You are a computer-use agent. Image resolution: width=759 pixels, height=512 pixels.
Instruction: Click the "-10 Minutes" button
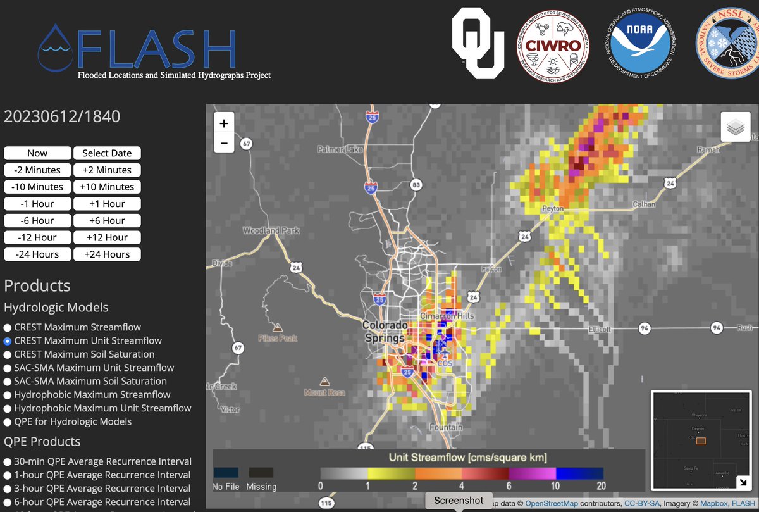(37, 187)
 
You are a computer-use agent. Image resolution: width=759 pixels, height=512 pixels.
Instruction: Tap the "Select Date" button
(107, 153)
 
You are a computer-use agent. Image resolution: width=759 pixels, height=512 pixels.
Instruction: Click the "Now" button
(37, 153)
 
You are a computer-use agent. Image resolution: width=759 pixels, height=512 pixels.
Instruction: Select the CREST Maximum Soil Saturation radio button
(8, 354)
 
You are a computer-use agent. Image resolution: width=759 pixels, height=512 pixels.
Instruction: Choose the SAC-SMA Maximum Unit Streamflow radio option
(8, 368)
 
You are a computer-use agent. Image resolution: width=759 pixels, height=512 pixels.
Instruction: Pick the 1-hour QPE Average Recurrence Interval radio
(8, 475)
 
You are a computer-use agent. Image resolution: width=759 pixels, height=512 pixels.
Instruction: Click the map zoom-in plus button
(224, 123)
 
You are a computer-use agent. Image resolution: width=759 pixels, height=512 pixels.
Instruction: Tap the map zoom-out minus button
(224, 144)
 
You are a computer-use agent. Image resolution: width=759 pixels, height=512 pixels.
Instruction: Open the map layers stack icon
(735, 127)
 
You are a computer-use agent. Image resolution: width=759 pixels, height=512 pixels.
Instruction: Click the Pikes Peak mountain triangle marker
(277, 328)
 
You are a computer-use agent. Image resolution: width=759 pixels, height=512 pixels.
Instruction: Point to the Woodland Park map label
(271, 231)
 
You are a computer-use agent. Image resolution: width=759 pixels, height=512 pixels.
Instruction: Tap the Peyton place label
(553, 208)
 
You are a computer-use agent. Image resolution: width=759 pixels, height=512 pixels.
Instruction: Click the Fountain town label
(447, 427)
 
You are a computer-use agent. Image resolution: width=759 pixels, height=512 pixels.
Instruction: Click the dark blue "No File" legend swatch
(226, 472)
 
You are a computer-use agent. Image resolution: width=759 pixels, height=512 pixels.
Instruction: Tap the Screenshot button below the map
(459, 500)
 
